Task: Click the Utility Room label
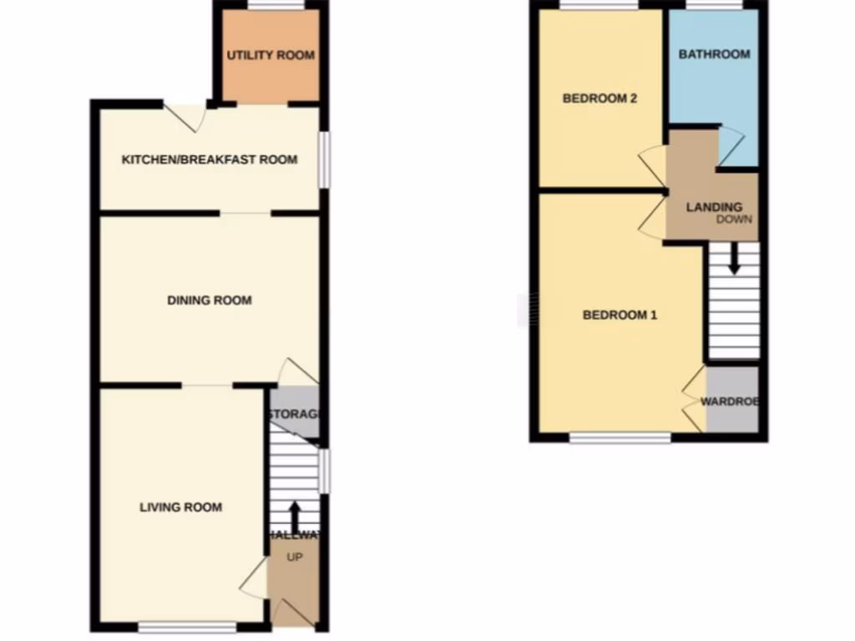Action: click(x=271, y=55)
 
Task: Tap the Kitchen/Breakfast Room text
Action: click(x=210, y=159)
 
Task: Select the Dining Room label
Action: click(x=210, y=300)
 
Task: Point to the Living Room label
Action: click(x=181, y=507)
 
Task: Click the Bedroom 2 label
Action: click(x=600, y=98)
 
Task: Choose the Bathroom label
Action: click(x=714, y=54)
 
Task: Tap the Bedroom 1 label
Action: click(x=620, y=315)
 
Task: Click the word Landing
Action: click(x=714, y=207)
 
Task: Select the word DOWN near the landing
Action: click(x=734, y=220)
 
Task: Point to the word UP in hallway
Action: click(x=294, y=557)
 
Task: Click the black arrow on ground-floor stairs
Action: click(x=294, y=516)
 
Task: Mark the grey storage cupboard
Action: click(x=296, y=413)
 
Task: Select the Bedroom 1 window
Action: click(x=620, y=437)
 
